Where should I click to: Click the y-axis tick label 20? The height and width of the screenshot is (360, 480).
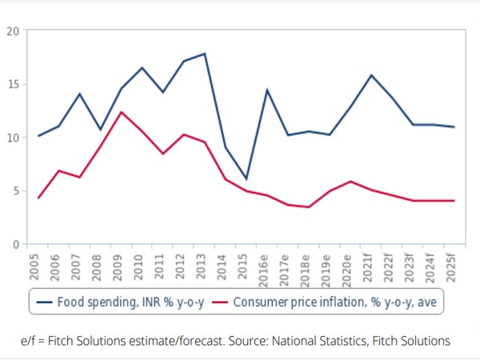point(13,31)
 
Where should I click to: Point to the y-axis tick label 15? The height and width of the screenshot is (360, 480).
point(13,85)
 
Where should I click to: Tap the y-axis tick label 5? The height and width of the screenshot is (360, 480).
point(15,191)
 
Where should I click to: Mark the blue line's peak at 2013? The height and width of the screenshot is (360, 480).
point(205,54)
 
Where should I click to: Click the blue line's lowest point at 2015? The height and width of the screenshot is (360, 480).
point(246,178)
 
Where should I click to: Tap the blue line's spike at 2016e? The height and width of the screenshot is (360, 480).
point(266,90)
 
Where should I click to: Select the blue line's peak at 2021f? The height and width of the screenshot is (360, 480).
point(370,75)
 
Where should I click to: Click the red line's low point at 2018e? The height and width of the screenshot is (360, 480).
point(309,207)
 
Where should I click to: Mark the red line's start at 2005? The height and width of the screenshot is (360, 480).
point(38,198)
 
